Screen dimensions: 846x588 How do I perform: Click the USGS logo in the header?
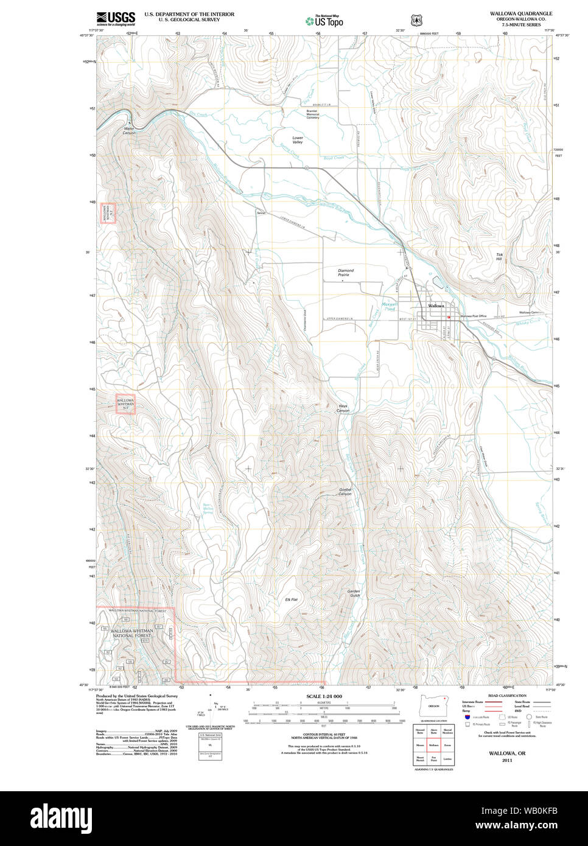(x=116, y=18)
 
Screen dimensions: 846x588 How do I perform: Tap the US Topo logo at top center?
(x=324, y=20)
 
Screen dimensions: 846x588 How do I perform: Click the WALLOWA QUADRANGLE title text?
(x=521, y=13)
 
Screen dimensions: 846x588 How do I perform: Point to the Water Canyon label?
(x=129, y=130)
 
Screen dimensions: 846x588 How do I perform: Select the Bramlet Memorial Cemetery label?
(x=313, y=114)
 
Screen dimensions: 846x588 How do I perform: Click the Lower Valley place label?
(x=297, y=140)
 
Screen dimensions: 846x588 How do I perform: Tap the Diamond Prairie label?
(x=346, y=273)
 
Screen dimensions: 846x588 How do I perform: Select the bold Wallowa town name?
(x=436, y=306)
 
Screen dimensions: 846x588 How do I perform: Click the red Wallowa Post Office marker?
(x=449, y=316)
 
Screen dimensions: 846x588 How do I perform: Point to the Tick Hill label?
(x=499, y=257)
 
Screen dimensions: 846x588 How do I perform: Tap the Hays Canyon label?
(x=343, y=408)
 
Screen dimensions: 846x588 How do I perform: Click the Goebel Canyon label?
(x=345, y=492)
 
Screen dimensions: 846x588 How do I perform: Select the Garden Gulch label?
(x=354, y=593)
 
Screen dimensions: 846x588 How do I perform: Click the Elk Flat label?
(x=291, y=600)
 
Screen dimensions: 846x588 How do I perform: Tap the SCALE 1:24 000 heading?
(x=324, y=696)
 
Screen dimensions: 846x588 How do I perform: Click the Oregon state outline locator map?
(x=434, y=706)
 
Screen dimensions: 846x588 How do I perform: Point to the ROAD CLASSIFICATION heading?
(x=507, y=696)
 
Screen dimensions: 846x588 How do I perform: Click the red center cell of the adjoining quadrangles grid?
(x=434, y=744)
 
